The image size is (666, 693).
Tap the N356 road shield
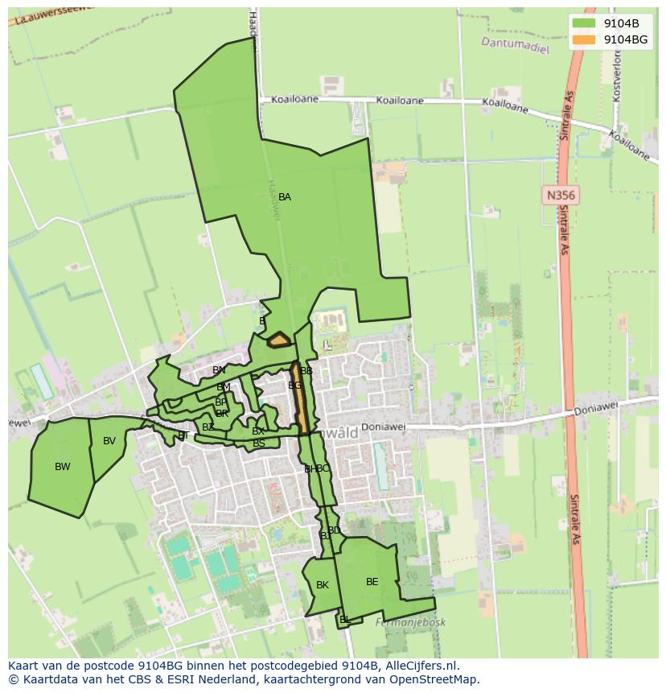561,195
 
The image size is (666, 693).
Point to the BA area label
285,197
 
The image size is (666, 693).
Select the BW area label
63,467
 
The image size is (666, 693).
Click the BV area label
109,441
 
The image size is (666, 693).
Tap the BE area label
372,582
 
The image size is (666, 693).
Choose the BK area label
323,585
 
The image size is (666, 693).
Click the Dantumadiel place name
515,45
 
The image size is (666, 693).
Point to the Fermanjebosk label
410,622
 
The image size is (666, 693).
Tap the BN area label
219,370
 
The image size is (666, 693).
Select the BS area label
259,443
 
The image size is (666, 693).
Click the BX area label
258,431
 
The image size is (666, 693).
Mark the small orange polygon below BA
279,340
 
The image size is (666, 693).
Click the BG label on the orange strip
295,386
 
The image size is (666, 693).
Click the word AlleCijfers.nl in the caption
422,666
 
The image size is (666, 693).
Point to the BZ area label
208,427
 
